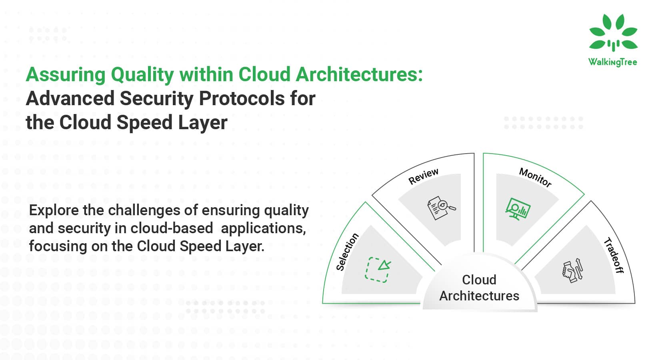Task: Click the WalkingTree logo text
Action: (x=613, y=62)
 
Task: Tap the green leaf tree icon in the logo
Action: (x=613, y=32)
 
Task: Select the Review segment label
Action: (x=424, y=176)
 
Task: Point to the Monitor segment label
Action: (x=535, y=177)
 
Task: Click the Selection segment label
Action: (x=347, y=252)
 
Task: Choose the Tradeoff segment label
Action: (x=614, y=256)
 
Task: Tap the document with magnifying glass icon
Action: (x=441, y=208)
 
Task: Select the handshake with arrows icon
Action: (x=572, y=270)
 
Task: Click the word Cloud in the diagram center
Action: (x=479, y=280)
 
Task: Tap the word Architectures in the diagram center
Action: (x=479, y=296)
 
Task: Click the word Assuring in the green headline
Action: (x=66, y=75)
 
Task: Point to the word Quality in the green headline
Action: (x=142, y=75)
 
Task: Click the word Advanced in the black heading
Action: (x=70, y=98)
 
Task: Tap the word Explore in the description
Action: (x=54, y=210)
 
